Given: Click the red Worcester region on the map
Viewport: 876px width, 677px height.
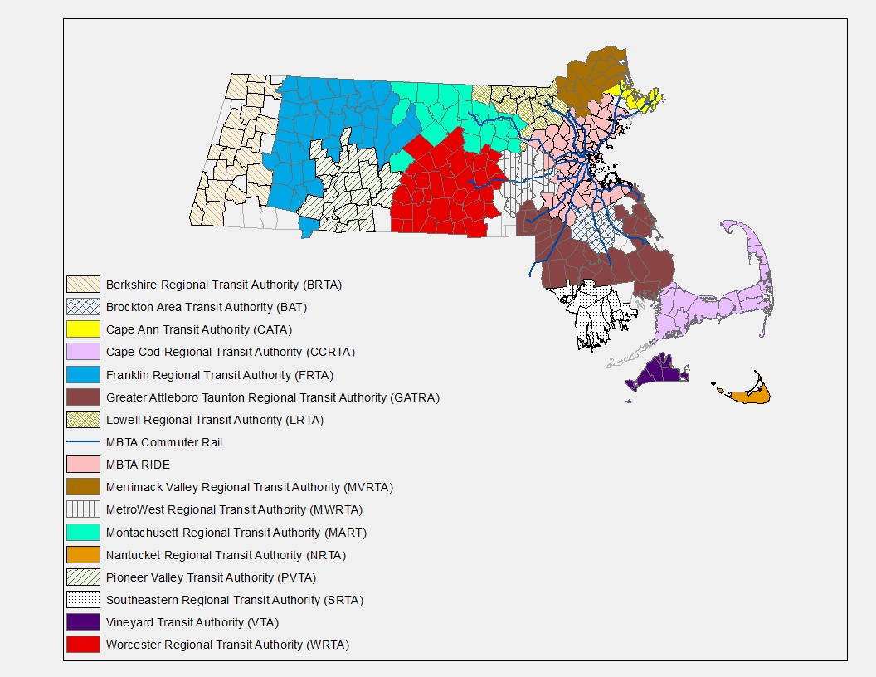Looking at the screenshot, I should (444, 195).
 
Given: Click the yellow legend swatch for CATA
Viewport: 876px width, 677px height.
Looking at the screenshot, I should (83, 329).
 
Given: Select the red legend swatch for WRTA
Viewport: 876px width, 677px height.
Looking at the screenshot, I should (83, 644).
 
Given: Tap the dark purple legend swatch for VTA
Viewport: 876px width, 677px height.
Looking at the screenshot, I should (83, 621).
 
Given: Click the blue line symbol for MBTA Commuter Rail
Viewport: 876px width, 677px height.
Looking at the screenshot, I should (83, 442).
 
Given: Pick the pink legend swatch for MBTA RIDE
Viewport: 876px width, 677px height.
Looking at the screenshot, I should (83, 465).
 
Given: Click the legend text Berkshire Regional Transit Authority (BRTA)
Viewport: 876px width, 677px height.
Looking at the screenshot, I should (223, 285).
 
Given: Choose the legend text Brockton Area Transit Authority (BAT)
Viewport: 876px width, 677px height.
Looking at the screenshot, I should (207, 307).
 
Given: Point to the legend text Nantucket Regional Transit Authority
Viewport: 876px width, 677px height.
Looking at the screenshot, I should (226, 555).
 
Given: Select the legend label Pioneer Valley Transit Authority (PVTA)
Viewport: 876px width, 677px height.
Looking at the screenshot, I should (211, 577).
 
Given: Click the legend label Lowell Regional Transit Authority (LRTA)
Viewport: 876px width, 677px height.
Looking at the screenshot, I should (214, 420).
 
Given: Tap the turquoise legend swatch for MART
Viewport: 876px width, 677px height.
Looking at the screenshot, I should (83, 532).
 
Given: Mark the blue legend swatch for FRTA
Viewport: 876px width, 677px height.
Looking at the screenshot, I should (83, 374).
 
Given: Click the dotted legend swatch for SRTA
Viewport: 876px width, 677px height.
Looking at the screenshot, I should (83, 599).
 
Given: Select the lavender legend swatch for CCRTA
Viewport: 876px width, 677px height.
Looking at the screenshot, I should (83, 352).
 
